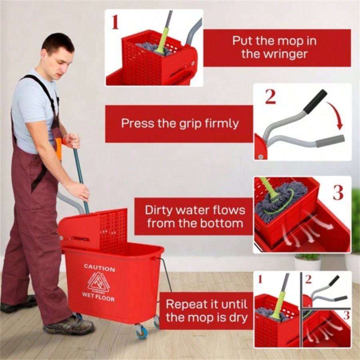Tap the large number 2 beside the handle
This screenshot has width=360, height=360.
click(270, 96)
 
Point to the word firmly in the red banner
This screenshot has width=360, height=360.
click(218, 123)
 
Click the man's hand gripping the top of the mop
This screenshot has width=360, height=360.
click(72, 140)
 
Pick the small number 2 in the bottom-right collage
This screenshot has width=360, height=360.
click(308, 279)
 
